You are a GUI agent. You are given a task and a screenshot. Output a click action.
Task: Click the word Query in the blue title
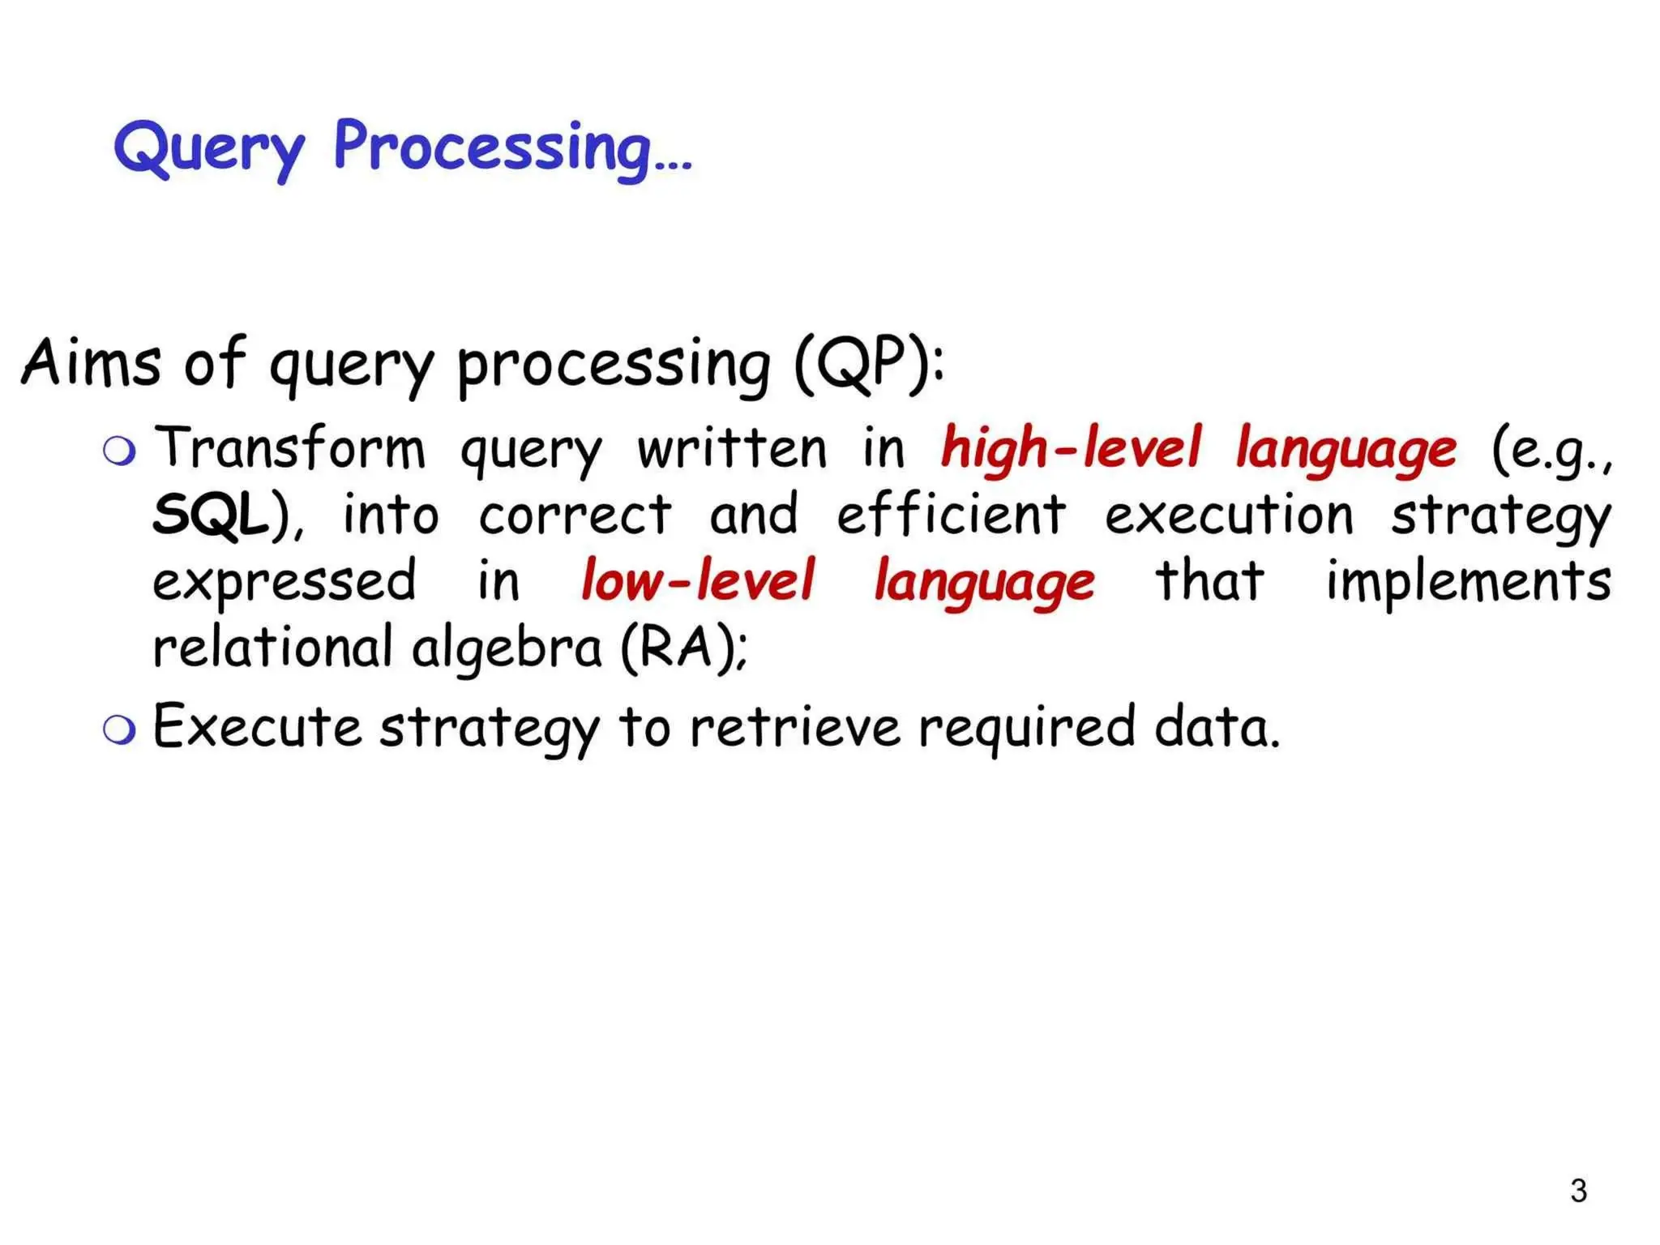pos(209,149)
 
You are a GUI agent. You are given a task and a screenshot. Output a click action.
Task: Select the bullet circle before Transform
pos(119,451)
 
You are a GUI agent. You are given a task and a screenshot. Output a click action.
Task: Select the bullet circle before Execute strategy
pos(119,729)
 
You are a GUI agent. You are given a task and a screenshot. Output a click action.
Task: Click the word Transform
pos(289,448)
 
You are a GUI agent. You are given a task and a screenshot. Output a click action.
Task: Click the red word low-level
pos(697,580)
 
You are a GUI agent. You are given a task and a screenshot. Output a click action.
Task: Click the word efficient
pos(951,515)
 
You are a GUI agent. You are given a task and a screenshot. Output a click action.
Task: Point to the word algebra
pos(507,649)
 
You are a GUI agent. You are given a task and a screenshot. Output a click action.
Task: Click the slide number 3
pos(1577,1191)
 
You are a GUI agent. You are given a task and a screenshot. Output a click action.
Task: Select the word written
pos(731,448)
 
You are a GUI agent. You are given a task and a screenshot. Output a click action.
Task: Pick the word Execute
pos(257,727)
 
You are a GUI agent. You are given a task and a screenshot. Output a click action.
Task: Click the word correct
pos(575,516)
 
